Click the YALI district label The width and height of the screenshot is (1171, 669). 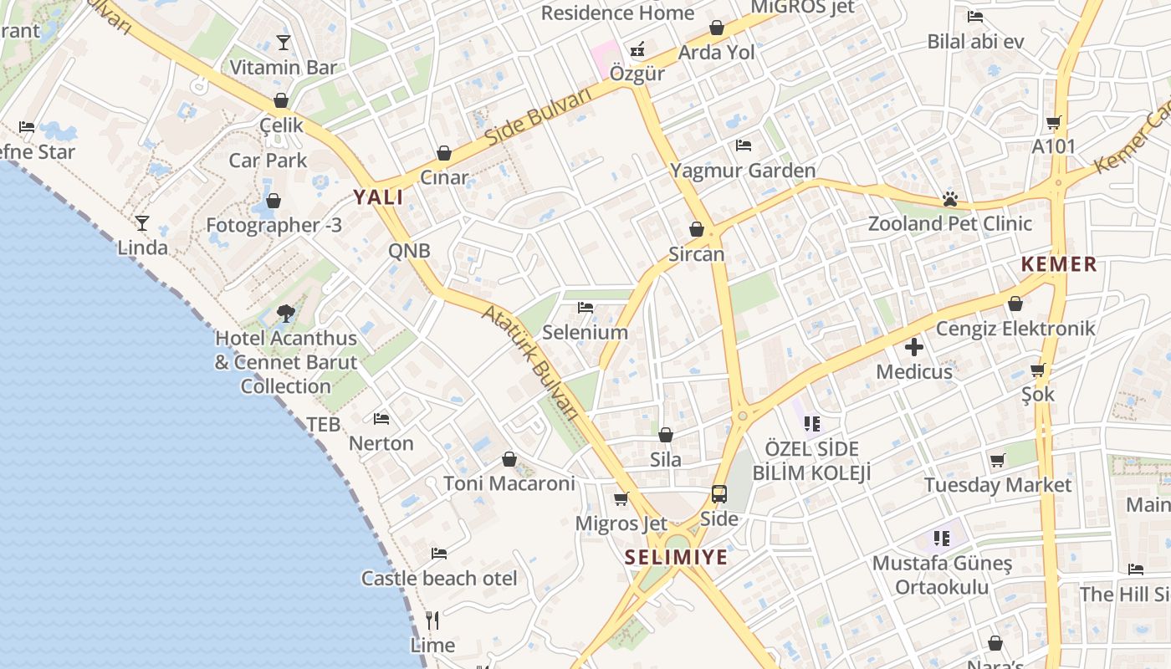(x=378, y=197)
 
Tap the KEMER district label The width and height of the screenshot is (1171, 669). (x=1058, y=264)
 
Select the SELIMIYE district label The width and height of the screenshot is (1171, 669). (x=677, y=557)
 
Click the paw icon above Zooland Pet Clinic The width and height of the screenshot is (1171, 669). (x=949, y=199)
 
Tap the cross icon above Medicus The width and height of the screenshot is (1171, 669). (x=913, y=346)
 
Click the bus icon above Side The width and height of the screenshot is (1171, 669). (x=719, y=494)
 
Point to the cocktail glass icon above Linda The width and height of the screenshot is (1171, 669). (x=142, y=222)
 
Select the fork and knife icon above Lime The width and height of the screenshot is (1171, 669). (x=432, y=620)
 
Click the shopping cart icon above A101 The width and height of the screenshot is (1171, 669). (x=1054, y=122)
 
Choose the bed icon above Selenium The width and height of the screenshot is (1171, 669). (x=585, y=308)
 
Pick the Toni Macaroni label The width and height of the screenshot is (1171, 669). (x=509, y=483)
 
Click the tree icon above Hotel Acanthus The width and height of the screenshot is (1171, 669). (x=286, y=314)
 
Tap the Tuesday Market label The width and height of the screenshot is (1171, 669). (x=998, y=485)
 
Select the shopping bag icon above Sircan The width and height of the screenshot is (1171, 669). (x=697, y=229)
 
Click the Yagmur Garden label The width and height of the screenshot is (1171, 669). (x=743, y=171)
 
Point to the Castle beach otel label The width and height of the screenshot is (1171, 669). (x=439, y=578)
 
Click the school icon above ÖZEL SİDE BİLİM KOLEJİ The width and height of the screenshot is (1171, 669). (x=811, y=424)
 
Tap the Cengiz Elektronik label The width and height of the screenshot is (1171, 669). (x=1015, y=328)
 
